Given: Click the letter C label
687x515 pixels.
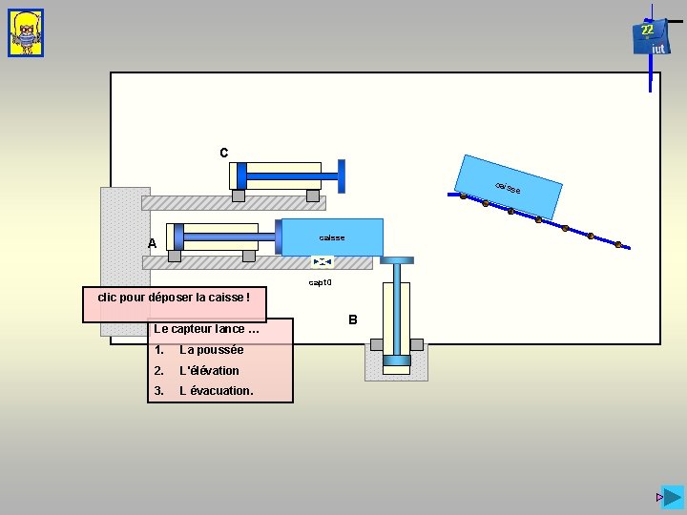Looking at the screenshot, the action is coord(223,153).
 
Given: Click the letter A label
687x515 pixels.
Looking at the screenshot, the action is coord(152,244).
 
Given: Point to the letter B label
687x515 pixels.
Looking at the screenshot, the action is coord(352,319).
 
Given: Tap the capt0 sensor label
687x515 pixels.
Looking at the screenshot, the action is coord(320,282).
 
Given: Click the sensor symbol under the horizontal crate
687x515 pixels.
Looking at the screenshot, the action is coord(323,261).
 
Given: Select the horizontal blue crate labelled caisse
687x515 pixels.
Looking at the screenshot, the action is coord(332,237).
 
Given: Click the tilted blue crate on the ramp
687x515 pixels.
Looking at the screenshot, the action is coord(509,185).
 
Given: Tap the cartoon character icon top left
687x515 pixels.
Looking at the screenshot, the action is coord(26,33).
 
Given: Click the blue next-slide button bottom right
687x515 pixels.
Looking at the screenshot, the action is coord(674,498).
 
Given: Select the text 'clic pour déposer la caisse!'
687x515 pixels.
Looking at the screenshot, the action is coord(174,298).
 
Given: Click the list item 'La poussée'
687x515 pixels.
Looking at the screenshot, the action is coord(211,350).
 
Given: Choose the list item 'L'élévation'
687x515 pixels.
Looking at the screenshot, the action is coord(209,370).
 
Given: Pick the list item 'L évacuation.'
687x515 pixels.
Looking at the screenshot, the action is coord(216,391).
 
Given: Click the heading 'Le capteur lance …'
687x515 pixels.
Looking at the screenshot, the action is coord(206,329).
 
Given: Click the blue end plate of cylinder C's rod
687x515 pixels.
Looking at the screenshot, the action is coord(342,176).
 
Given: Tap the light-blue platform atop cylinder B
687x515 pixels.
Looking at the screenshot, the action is coord(397,258).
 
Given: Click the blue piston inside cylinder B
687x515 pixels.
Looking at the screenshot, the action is coord(397,360).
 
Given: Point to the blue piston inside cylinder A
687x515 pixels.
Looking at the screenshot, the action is coord(177,236).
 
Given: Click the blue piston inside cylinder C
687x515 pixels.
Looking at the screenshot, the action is coord(241,175).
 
